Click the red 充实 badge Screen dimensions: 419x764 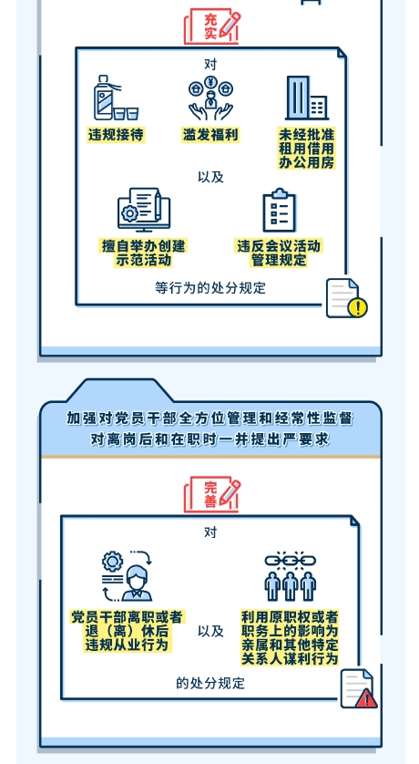[212, 26]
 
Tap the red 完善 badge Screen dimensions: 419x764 [212, 494]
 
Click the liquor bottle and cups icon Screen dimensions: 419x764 [116, 98]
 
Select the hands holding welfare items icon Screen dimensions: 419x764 [210, 98]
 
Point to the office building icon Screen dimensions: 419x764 [307, 98]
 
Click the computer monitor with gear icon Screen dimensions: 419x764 [144, 210]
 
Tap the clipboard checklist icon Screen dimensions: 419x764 [280, 210]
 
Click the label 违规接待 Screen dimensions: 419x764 [117, 135]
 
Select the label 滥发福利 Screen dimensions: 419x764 [210, 135]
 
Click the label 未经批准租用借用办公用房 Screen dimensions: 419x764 [307, 148]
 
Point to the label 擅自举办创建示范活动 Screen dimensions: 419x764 [144, 253]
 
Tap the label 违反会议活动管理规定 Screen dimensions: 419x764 [279, 253]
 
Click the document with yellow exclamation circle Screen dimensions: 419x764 [346, 298]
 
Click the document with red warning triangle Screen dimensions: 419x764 [359, 688]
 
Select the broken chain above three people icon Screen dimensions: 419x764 [290, 576]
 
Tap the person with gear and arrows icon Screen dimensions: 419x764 [128, 576]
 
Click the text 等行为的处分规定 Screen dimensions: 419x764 [210, 287]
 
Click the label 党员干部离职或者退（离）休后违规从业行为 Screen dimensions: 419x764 [127, 632]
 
